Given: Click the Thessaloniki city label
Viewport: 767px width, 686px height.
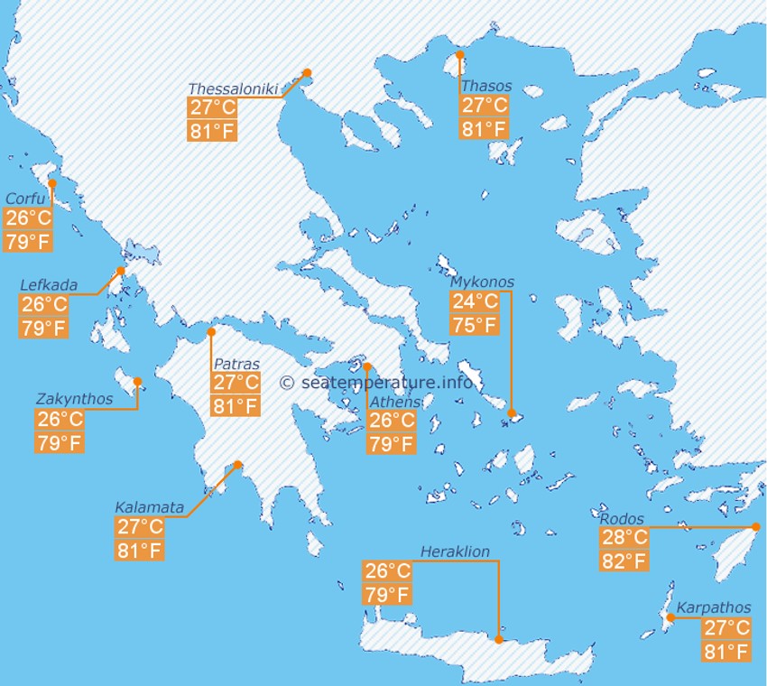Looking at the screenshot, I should [x=234, y=88].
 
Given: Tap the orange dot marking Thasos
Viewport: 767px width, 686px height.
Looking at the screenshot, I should [x=459, y=55].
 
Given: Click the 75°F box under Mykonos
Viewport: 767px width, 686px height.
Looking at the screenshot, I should [x=475, y=325].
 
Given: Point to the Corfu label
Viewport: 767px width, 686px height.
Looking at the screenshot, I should [x=25, y=199].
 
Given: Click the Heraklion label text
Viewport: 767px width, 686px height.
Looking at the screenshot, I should [x=455, y=552].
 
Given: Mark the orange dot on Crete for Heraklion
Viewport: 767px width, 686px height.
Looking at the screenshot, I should [x=498, y=639].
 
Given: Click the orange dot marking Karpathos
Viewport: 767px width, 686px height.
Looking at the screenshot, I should [x=670, y=617].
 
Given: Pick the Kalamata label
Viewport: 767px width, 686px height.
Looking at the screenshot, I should [x=149, y=507].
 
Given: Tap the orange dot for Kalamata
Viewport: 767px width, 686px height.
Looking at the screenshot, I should [x=238, y=466].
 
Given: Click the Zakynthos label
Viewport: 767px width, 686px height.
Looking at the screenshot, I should [x=74, y=399].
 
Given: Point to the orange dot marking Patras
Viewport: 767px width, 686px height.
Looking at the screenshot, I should [x=211, y=332].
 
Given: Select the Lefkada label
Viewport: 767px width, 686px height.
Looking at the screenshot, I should [x=49, y=285].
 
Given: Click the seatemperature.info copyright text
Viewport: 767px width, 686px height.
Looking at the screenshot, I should [x=376, y=382].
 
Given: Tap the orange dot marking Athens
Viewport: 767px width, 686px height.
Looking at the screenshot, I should [x=367, y=366].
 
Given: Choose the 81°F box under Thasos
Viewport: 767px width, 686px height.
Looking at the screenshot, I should [x=485, y=128].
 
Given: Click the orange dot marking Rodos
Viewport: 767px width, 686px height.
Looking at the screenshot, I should [x=757, y=527].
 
